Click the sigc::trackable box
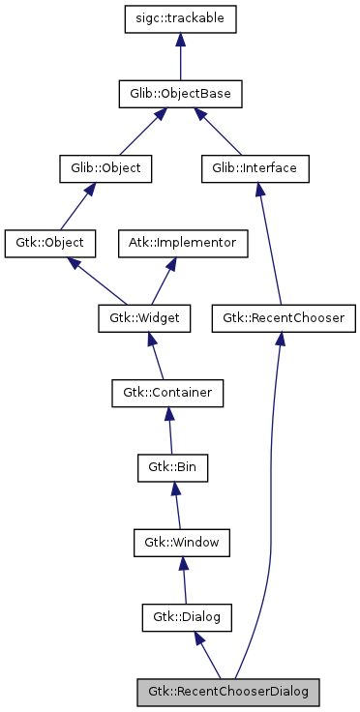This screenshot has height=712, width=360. tap(179, 18)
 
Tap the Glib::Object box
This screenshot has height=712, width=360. tap(100, 167)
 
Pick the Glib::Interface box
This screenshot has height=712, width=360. tap(255, 167)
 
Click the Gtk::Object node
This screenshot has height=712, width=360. tap(44, 242)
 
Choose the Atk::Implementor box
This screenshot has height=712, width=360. tap(183, 242)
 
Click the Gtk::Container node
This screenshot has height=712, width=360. tap(167, 392)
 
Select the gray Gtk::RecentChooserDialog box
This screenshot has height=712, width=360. tap(228, 692)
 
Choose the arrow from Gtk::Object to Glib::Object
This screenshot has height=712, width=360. tap(71, 205)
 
